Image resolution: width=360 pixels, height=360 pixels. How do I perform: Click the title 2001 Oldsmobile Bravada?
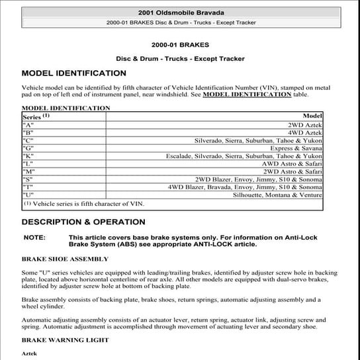180,13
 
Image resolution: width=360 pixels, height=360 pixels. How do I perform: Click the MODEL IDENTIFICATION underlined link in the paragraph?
246,95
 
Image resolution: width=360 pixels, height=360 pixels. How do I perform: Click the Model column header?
312,116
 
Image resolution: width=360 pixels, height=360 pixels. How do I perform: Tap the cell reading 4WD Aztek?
305,133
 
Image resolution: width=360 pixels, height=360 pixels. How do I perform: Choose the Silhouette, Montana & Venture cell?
277,195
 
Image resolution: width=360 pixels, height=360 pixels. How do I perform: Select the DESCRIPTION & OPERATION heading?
83,222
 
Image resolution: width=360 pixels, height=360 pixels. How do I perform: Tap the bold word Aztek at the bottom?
30,354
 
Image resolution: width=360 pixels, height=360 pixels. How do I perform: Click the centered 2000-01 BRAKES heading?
180,45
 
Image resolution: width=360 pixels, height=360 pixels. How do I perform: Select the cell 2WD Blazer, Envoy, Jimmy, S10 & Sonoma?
259,179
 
